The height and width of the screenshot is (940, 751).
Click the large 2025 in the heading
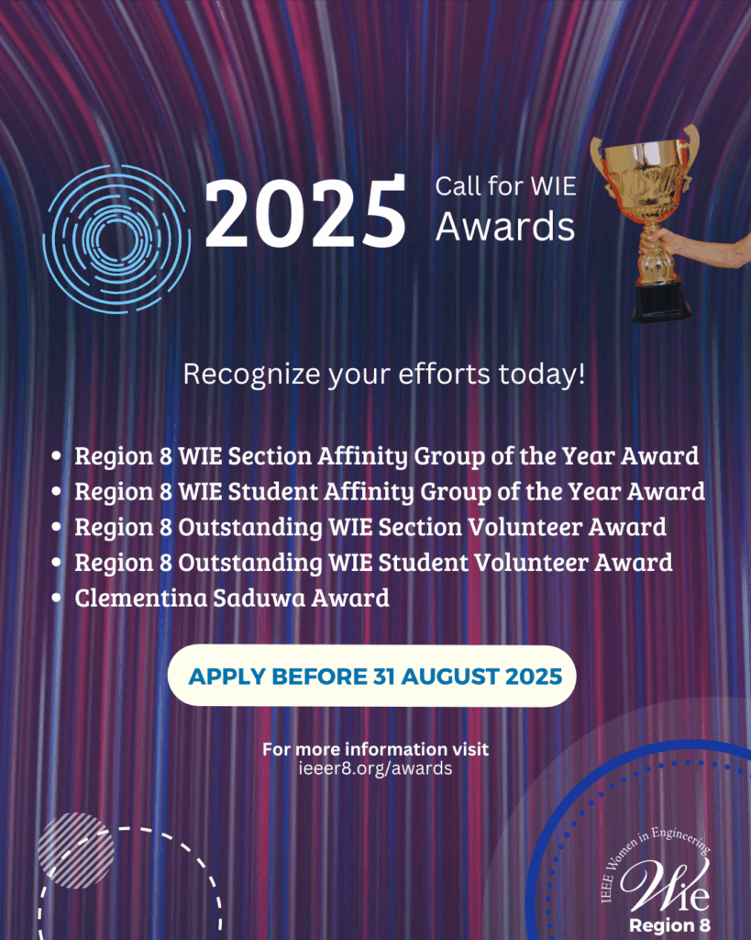click(305, 212)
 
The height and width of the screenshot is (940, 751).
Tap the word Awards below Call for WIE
click(505, 227)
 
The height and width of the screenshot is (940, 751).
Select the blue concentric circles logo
click(116, 239)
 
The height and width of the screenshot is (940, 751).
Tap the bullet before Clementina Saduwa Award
click(57, 598)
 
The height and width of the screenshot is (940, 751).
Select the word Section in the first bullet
click(271, 456)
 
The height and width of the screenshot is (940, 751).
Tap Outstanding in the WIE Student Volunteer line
click(250, 564)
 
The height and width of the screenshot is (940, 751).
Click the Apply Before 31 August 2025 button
click(372, 677)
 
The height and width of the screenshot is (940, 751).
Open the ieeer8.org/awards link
click(376, 768)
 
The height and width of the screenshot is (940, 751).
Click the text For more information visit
click(376, 749)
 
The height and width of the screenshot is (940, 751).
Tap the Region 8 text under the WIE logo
click(670, 925)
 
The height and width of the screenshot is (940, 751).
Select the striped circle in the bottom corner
click(76, 850)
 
